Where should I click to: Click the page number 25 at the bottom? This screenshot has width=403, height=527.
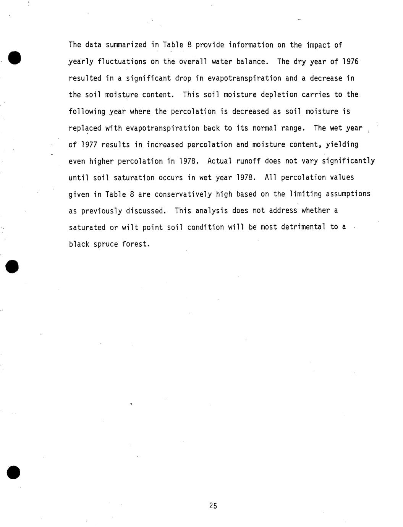[213, 506]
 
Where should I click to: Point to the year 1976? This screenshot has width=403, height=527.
[350, 62]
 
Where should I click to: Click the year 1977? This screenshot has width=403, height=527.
[89, 145]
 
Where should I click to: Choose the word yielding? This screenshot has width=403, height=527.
[342, 145]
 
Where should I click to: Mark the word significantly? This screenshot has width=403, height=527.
[348, 161]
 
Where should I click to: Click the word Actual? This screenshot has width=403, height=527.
[220, 161]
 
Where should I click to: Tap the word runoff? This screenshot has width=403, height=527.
[248, 161]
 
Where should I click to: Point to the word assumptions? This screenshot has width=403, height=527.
[348, 194]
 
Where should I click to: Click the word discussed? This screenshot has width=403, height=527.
[148, 211]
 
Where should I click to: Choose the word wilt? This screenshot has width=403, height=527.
[130, 228]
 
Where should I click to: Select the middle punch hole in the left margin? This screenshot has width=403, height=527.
[13, 266]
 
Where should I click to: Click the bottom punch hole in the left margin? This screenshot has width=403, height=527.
[13, 472]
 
